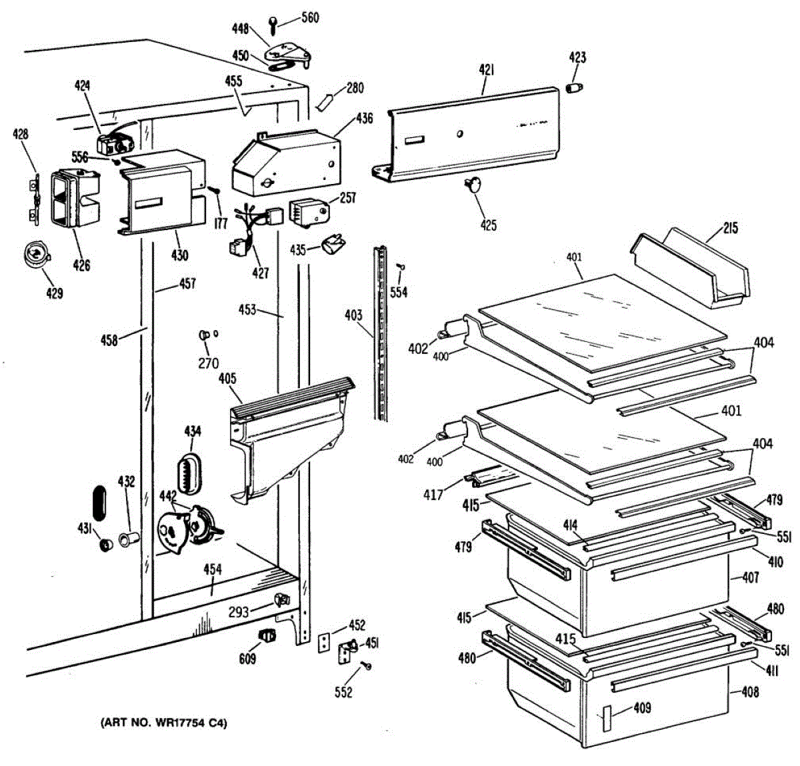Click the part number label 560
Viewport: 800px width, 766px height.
click(310, 17)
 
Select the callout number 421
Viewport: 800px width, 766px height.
click(487, 69)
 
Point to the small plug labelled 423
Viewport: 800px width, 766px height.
click(574, 88)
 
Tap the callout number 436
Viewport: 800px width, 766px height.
click(364, 119)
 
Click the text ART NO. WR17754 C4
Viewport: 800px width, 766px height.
click(164, 723)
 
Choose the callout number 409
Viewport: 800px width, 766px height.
click(643, 708)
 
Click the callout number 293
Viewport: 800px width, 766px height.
click(238, 611)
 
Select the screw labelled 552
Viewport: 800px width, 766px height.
click(365, 665)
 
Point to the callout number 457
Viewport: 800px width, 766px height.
click(187, 284)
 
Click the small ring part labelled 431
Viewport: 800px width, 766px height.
click(105, 546)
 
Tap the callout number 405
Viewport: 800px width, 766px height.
click(227, 379)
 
